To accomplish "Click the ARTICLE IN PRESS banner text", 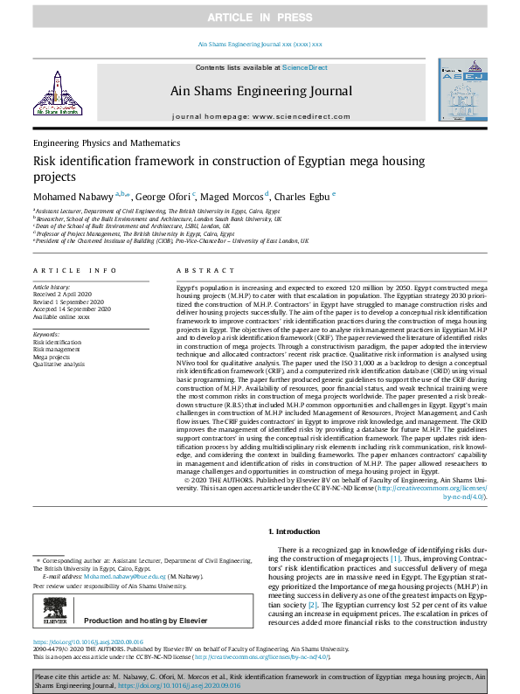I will (x=260, y=17).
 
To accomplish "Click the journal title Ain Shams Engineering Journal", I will (x=260, y=89).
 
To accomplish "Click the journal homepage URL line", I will (x=260, y=115).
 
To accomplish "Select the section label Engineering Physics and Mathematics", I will (x=107, y=142).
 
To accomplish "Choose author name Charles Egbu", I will (x=306, y=197).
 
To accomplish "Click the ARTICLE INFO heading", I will (x=74, y=272).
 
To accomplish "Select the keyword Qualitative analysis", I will (x=59, y=364).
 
